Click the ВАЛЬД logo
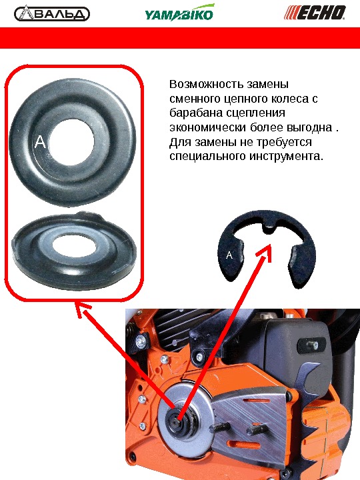pyautogui.click(x=52, y=14)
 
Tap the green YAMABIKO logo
pyautogui.click(x=179, y=13)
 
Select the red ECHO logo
pyautogui.click(x=315, y=13)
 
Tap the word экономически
pyautogui.click(x=207, y=127)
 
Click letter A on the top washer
pyautogui.click(x=40, y=142)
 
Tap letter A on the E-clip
pyautogui.click(x=229, y=255)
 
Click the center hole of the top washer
pyautogui.click(x=71, y=143)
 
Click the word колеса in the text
pyautogui.click(x=291, y=99)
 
